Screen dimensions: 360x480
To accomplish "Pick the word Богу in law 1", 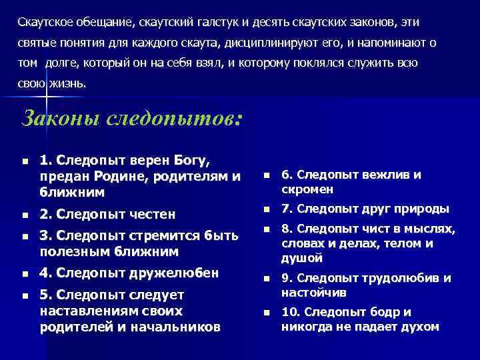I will [191, 161].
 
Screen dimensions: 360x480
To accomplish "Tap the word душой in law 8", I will [301, 257].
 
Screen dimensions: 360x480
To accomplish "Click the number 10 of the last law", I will [289, 312].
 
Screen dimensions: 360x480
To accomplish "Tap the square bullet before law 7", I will [266, 210].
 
